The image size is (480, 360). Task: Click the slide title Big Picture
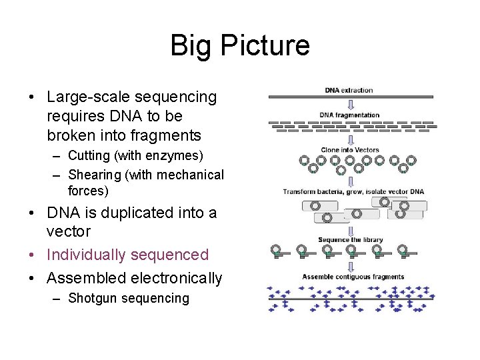click(240, 45)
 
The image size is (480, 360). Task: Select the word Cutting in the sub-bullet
click(91, 156)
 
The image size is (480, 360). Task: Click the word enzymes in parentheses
click(177, 156)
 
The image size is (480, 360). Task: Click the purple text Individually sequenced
click(127, 255)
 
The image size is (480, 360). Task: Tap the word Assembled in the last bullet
click(85, 278)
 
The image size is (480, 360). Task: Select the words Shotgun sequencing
click(129, 299)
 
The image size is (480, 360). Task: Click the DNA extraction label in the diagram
click(349, 90)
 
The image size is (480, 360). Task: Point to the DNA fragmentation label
click(349, 115)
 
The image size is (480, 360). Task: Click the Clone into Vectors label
click(349, 150)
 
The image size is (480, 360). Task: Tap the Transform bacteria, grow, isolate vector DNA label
click(353, 192)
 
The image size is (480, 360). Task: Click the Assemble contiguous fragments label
click(353, 277)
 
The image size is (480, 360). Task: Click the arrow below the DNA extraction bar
click(351, 105)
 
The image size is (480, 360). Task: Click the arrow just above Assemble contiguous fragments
click(351, 267)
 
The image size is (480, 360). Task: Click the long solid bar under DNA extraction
click(351, 97)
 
